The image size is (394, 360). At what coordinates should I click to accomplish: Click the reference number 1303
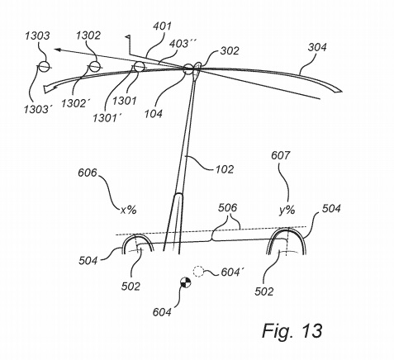click(38, 36)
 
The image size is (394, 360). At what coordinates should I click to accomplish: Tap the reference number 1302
click(88, 36)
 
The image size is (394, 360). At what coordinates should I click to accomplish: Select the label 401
click(162, 26)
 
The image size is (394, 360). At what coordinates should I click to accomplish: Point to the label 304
click(317, 47)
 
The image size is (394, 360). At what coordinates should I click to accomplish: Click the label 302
click(230, 51)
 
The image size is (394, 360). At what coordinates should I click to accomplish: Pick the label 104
click(154, 113)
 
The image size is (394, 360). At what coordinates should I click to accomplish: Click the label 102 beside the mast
click(225, 169)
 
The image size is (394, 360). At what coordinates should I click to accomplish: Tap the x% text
click(129, 211)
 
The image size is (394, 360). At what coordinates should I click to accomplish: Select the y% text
click(287, 211)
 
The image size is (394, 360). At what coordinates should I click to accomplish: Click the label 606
click(88, 173)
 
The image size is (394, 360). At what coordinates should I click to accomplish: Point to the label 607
click(281, 155)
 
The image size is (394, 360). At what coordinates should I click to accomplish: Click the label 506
click(227, 207)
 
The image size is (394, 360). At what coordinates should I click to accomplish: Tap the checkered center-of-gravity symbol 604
click(185, 282)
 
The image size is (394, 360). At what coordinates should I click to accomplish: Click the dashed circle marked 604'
click(198, 272)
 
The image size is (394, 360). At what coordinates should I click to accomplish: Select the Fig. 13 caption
click(292, 330)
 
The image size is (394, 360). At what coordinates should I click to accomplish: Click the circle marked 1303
click(44, 66)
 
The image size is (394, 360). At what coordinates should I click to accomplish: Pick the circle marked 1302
click(94, 66)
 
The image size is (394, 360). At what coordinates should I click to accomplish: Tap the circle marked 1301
click(139, 67)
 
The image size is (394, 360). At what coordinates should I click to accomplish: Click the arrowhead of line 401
click(57, 50)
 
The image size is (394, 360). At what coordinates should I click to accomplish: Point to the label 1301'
click(107, 118)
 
